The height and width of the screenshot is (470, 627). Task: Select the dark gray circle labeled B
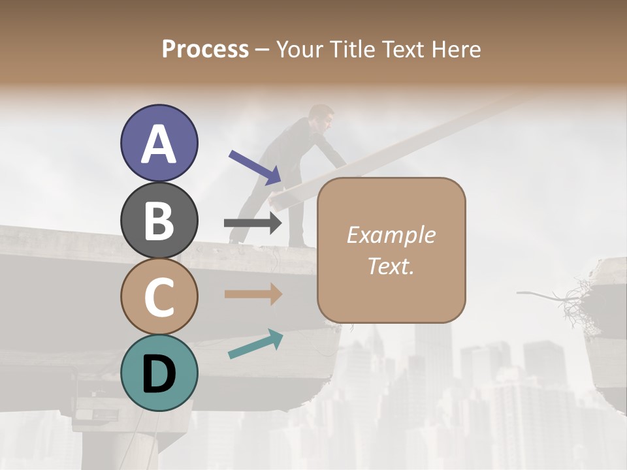pyautogui.click(x=159, y=220)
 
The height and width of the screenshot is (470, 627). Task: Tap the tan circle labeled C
pyautogui.click(x=159, y=297)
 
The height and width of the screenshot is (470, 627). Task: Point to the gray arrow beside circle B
pyautogui.click(x=253, y=223)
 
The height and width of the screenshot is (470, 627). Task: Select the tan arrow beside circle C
pyautogui.click(x=253, y=294)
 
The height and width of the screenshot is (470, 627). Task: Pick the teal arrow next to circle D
pyautogui.click(x=255, y=344)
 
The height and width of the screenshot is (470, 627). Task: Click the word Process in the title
pyautogui.click(x=205, y=50)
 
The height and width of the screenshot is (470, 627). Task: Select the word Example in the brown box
pyautogui.click(x=391, y=235)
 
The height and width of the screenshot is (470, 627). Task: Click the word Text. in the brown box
pyautogui.click(x=391, y=266)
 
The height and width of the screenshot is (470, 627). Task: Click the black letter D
pyautogui.click(x=159, y=374)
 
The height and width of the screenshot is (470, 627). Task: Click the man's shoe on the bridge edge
pyautogui.click(x=233, y=241)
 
